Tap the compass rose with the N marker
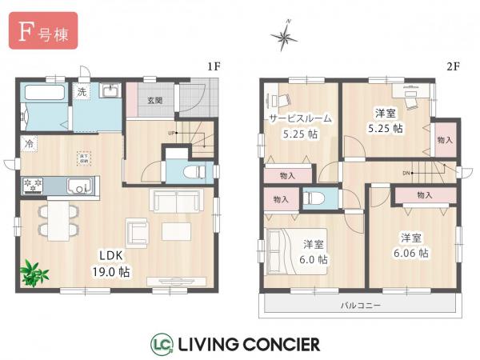(x=285, y=34)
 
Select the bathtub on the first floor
(x=45, y=102)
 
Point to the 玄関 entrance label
(x=155, y=100)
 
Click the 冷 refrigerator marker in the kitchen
(x=29, y=146)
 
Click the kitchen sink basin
(x=78, y=186)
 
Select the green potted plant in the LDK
(x=34, y=273)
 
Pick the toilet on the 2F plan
(x=312, y=198)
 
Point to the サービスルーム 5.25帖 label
(x=300, y=126)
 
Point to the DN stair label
(x=406, y=171)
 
